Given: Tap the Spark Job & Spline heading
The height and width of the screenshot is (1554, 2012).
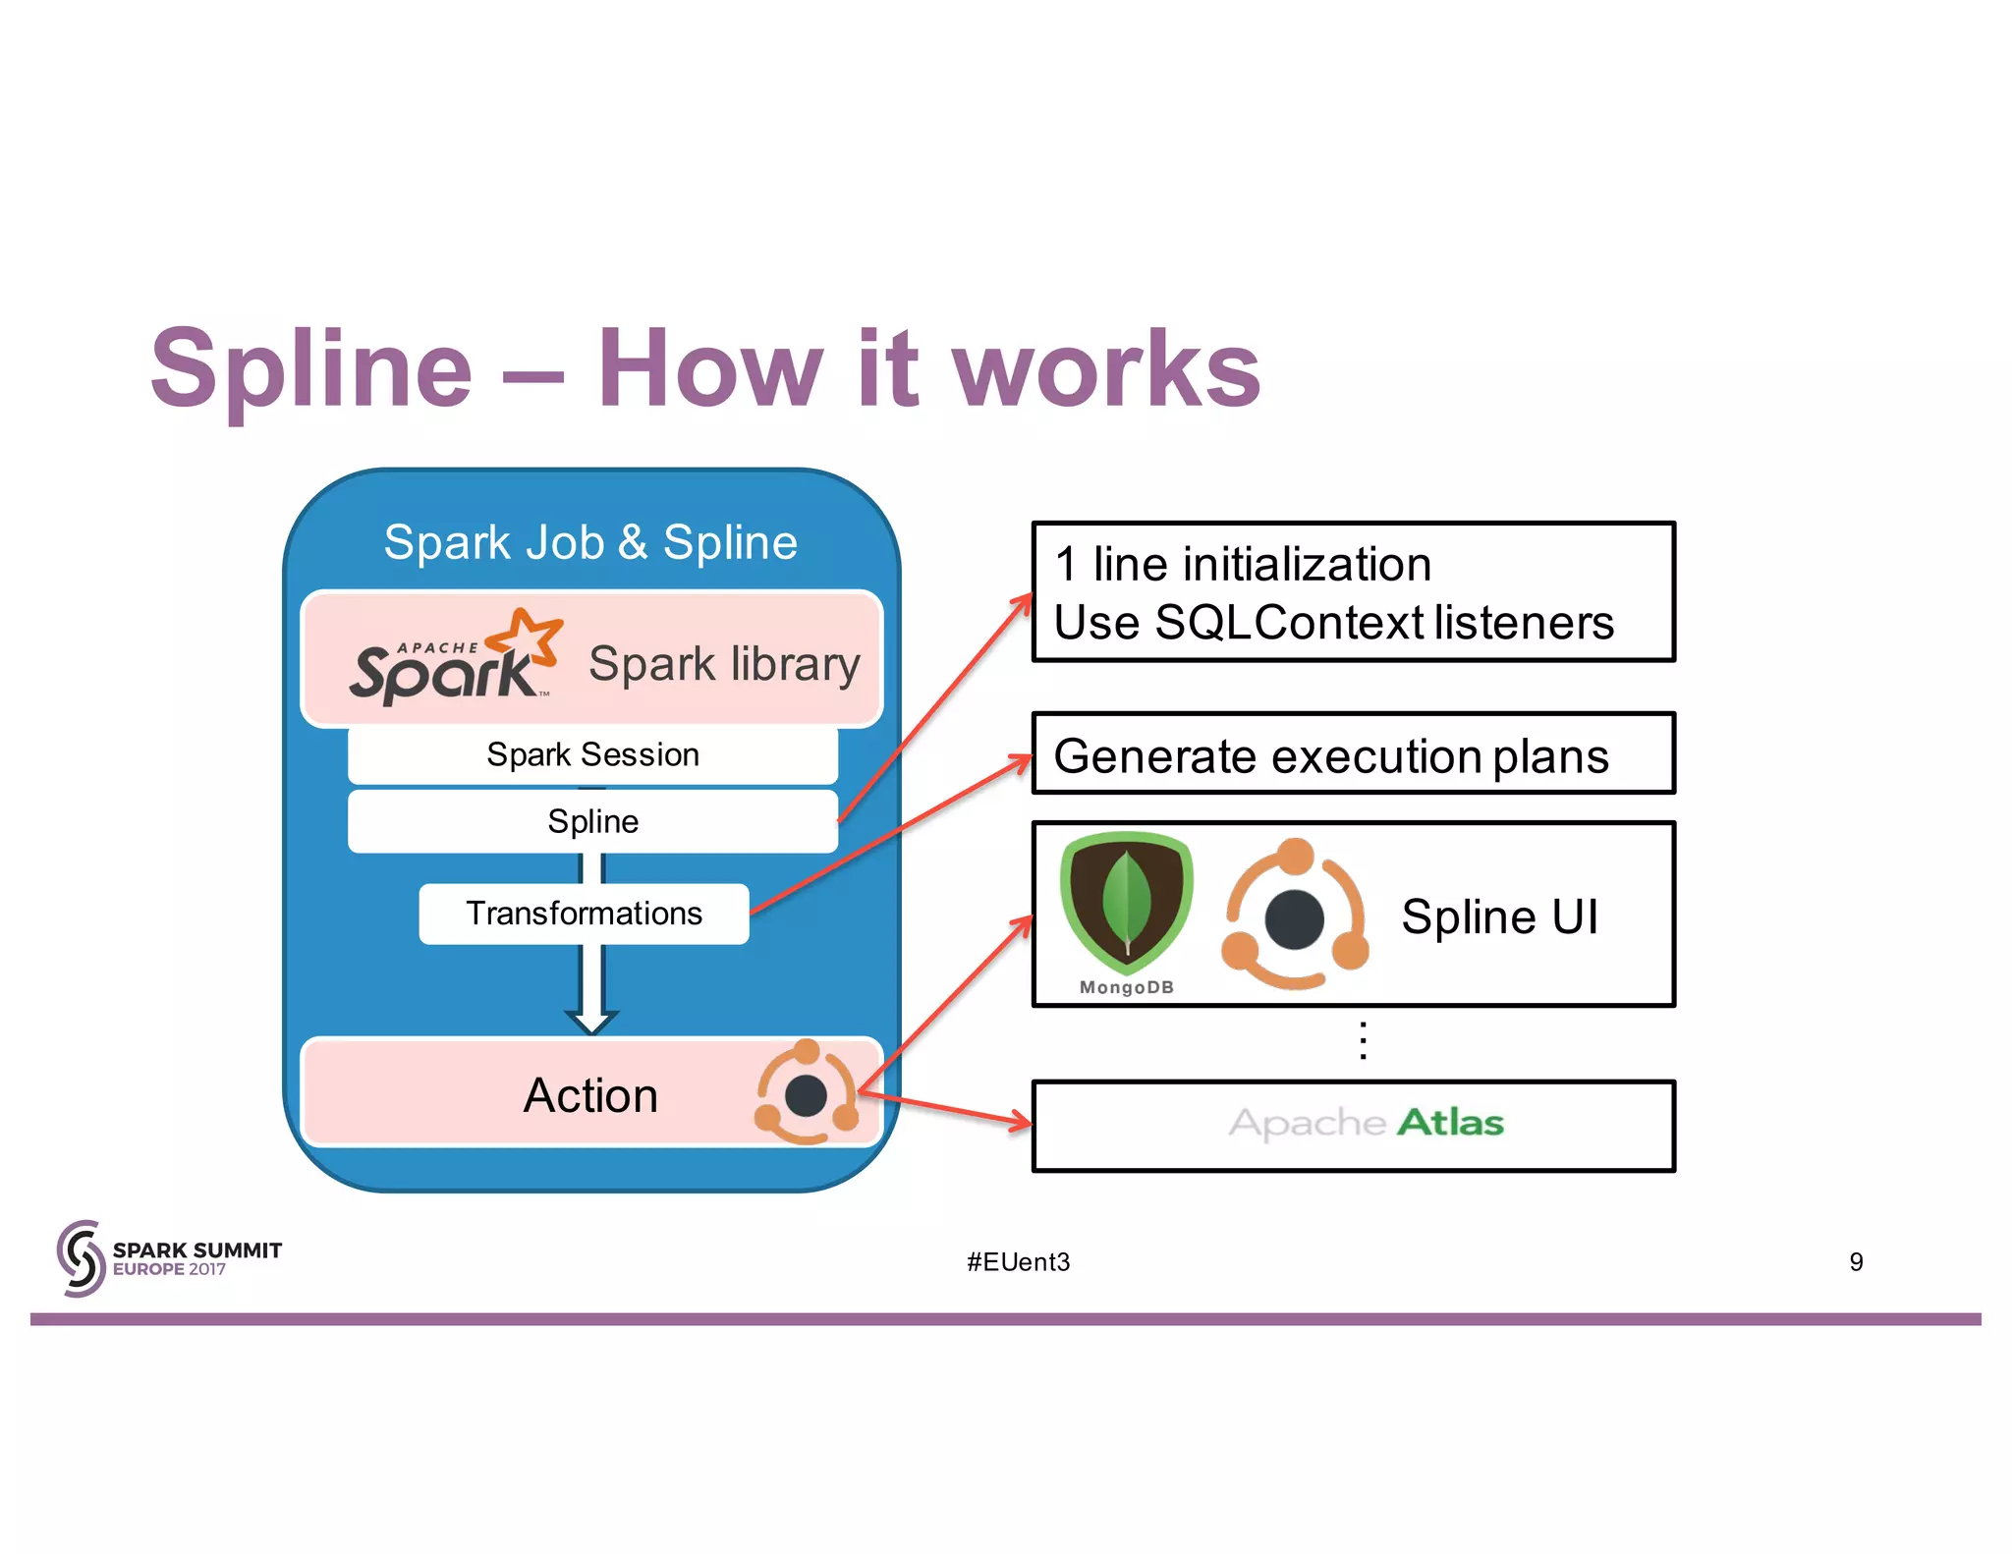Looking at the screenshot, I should [x=590, y=542].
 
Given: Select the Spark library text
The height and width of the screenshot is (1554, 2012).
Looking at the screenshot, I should [x=724, y=664].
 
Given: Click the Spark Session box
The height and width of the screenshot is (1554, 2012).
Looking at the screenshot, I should [x=592, y=754].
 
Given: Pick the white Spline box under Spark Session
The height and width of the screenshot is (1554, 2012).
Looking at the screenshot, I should [x=592, y=821].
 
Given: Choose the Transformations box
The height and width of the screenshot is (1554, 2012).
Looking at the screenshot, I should [x=584, y=914].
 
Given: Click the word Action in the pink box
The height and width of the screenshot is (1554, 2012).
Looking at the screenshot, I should [x=590, y=1095].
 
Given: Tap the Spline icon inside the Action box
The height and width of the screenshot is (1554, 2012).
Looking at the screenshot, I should [x=806, y=1093].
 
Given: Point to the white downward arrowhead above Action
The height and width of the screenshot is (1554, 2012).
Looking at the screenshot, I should [x=591, y=1022].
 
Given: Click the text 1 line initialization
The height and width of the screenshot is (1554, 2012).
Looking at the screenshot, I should [x=1243, y=565].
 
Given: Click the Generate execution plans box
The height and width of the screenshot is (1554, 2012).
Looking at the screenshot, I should [x=1352, y=754].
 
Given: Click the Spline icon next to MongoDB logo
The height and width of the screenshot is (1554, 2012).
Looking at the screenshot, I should [x=1295, y=916].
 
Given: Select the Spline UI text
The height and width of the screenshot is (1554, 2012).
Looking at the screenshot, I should [x=1499, y=916].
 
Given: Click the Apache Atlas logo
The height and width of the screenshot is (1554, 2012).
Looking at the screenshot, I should [x=1366, y=1123].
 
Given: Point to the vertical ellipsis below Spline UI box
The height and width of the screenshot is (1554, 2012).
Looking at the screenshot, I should [x=1363, y=1040].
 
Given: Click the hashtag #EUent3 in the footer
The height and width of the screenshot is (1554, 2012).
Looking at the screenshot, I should [x=1018, y=1262].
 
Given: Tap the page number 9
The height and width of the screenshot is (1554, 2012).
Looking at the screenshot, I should [x=1856, y=1262].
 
